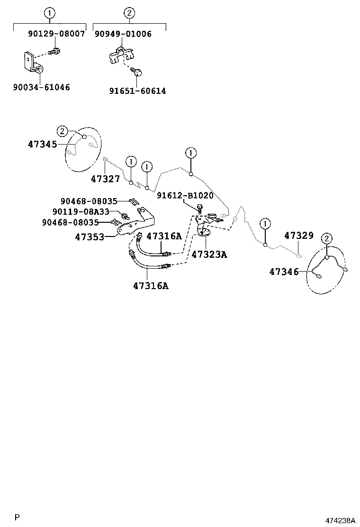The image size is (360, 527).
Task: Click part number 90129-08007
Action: [56, 34]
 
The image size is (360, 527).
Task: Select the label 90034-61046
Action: [42, 87]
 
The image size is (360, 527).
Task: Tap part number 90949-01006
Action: [123, 34]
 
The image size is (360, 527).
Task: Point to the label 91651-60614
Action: [137, 91]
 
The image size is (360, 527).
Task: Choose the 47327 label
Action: [105, 179]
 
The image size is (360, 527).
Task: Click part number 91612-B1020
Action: [185, 195]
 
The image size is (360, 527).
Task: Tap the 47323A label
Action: [209, 254]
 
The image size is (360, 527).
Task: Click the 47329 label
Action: [299, 235]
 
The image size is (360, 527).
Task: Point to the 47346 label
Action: [284, 272]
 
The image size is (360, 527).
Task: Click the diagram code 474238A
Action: [339, 520]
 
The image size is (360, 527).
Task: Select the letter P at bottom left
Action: [17, 517]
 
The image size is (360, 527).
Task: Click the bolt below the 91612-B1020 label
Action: [199, 208]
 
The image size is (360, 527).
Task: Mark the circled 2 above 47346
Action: [327, 238]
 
